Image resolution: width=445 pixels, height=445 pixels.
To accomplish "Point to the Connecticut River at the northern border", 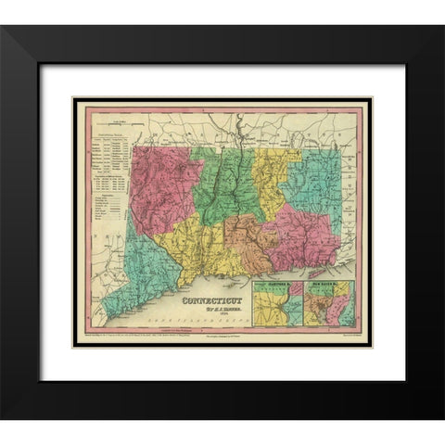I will click(238, 130).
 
